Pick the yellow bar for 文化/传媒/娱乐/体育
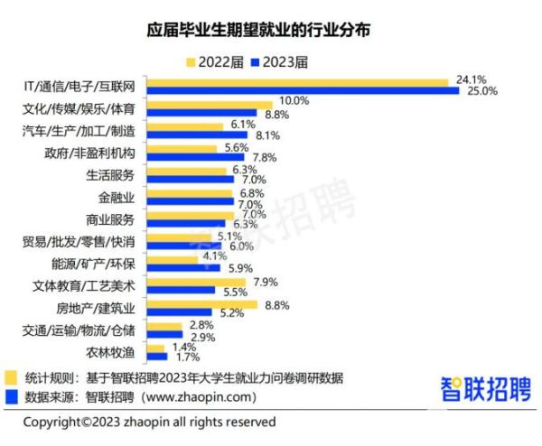pos(210,106)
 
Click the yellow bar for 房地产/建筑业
pos(202,304)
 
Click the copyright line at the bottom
pos(149,422)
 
